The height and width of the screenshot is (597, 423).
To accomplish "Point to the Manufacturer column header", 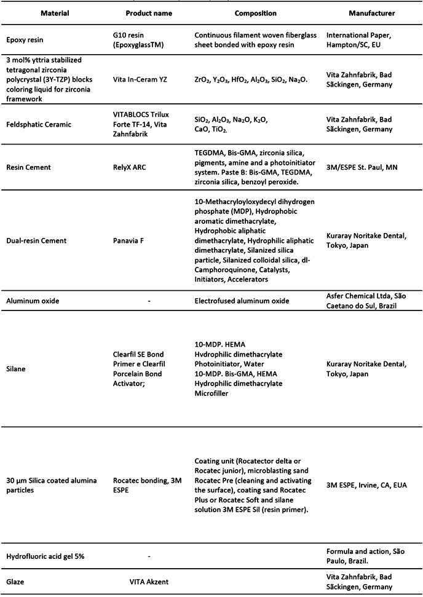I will point(371,13).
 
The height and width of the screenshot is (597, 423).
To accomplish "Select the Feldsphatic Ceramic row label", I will point(38,124).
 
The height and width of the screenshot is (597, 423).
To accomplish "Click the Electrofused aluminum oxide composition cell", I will point(242,301).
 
